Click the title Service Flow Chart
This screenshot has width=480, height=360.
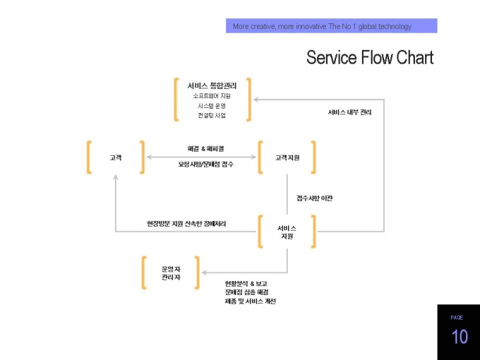click(x=370, y=57)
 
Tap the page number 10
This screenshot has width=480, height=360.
click(x=460, y=337)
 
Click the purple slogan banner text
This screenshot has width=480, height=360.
click(x=322, y=26)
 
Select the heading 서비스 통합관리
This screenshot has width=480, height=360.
click(x=212, y=85)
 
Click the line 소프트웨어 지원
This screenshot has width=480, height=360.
click(x=212, y=96)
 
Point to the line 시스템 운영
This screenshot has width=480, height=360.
click(x=212, y=106)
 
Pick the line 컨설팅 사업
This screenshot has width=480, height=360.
click(x=212, y=115)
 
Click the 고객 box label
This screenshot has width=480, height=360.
click(x=116, y=157)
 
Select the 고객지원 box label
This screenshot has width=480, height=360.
click(x=287, y=157)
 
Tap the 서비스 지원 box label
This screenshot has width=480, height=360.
click(x=287, y=232)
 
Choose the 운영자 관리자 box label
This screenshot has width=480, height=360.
click(x=171, y=273)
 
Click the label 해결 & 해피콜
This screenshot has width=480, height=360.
click(x=205, y=149)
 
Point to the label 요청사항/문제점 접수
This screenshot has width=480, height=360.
click(x=205, y=164)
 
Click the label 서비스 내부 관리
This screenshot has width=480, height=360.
click(x=349, y=112)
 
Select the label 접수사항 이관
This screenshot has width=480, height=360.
click(x=315, y=198)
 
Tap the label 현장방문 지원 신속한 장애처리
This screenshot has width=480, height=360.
click(x=186, y=224)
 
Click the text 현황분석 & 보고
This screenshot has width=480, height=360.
click(x=246, y=284)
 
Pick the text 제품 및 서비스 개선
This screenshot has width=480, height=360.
click(x=251, y=301)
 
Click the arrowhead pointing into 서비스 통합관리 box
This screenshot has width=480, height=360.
click(x=256, y=100)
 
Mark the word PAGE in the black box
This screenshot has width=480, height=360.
click(x=457, y=318)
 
